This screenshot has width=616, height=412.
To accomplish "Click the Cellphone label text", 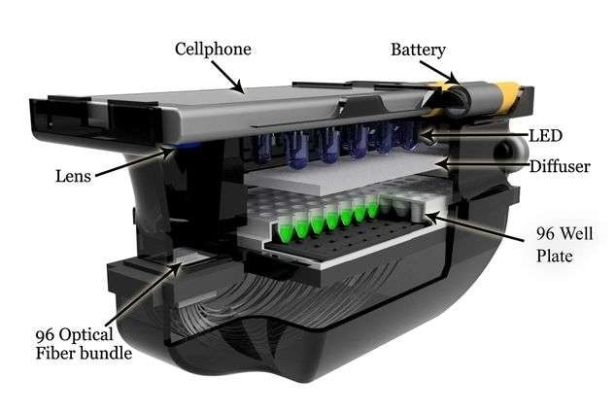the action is click(213, 50).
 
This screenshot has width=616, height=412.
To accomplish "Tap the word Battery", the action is click(418, 51).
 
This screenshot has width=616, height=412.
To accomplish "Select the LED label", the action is click(546, 136).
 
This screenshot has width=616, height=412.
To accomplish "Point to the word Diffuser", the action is click(560, 166).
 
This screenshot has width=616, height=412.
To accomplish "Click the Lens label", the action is click(73, 176).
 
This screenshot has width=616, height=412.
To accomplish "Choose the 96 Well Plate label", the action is click(565, 244).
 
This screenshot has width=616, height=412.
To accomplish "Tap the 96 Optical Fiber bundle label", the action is click(84, 344).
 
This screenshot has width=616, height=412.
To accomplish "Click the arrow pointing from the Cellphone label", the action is click(227, 77).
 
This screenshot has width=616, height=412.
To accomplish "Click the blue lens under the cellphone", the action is click(186, 146).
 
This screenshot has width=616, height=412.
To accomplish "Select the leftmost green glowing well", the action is click(288, 228).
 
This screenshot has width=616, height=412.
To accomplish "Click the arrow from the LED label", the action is click(474, 135).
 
